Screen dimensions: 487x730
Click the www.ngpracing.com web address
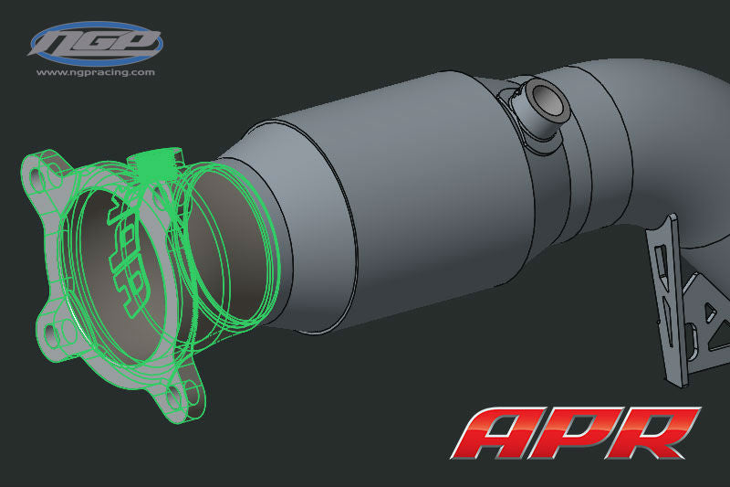point(96,71)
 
